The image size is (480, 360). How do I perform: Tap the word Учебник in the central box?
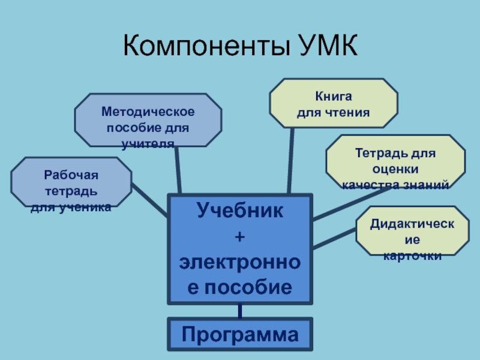tap(240, 211)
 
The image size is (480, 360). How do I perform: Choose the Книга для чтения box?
tap(334, 103)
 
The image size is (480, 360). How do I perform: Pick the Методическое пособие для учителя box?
tap(148, 120)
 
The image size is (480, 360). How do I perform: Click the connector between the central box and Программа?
tap(240, 310)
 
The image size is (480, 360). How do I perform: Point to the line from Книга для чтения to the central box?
tap(290, 161)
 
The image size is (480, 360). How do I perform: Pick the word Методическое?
tap(148, 112)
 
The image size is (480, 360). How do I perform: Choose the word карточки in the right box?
tap(412, 256)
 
